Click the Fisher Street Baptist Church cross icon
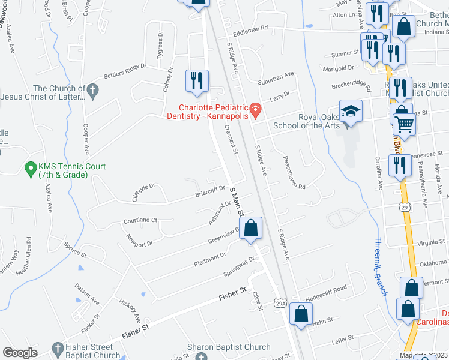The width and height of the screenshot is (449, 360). click(57, 348)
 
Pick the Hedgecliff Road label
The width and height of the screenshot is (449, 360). click(326, 289)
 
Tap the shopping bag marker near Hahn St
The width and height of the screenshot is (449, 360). click(301, 314)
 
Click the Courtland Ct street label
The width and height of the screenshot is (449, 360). click(140, 220)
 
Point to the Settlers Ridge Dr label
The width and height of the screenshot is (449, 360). click(125, 70)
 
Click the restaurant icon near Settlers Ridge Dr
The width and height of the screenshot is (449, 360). click(196, 81)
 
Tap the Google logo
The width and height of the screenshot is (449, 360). click(20, 353)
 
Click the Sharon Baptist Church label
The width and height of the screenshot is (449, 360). click(229, 347)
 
